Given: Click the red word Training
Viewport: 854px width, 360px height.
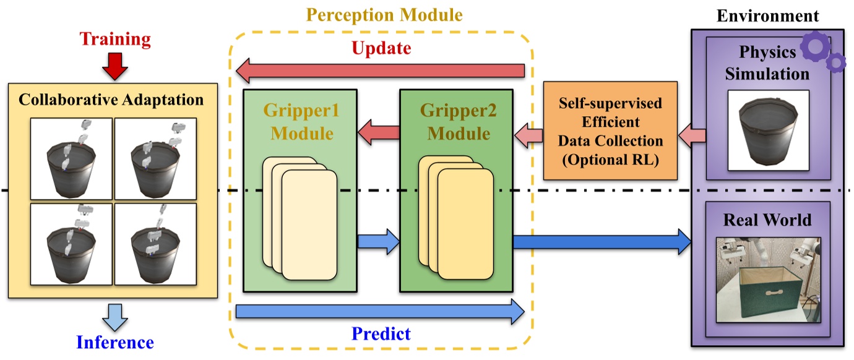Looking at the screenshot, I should point(116,40).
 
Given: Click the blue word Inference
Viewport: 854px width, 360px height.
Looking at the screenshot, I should point(116,341).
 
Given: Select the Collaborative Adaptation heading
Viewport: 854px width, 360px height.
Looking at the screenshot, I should point(111,99).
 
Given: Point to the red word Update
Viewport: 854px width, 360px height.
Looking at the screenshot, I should point(381,48).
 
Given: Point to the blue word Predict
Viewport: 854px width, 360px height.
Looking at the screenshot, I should point(381,334).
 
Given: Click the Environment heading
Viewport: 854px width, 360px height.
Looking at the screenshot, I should point(767,15).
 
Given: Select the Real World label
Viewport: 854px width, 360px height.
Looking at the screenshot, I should point(767,221).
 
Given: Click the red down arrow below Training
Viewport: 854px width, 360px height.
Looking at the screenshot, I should point(116,66).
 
